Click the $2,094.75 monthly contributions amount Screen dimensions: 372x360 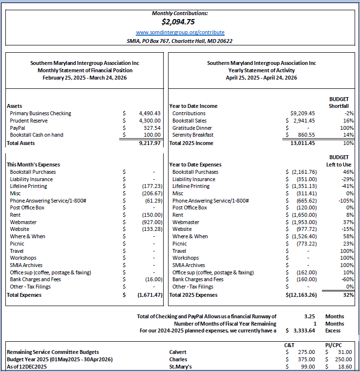click(x=180, y=21)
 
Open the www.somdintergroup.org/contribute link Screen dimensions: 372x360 click(x=180, y=32)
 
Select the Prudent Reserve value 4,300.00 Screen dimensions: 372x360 click(x=149, y=121)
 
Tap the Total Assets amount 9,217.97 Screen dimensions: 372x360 click(x=149, y=144)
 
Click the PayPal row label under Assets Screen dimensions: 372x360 click(x=19, y=127)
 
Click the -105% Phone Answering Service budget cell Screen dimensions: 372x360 click(x=345, y=201)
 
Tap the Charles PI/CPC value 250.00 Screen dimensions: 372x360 click(x=343, y=359)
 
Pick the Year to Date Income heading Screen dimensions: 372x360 click(x=193, y=106)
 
